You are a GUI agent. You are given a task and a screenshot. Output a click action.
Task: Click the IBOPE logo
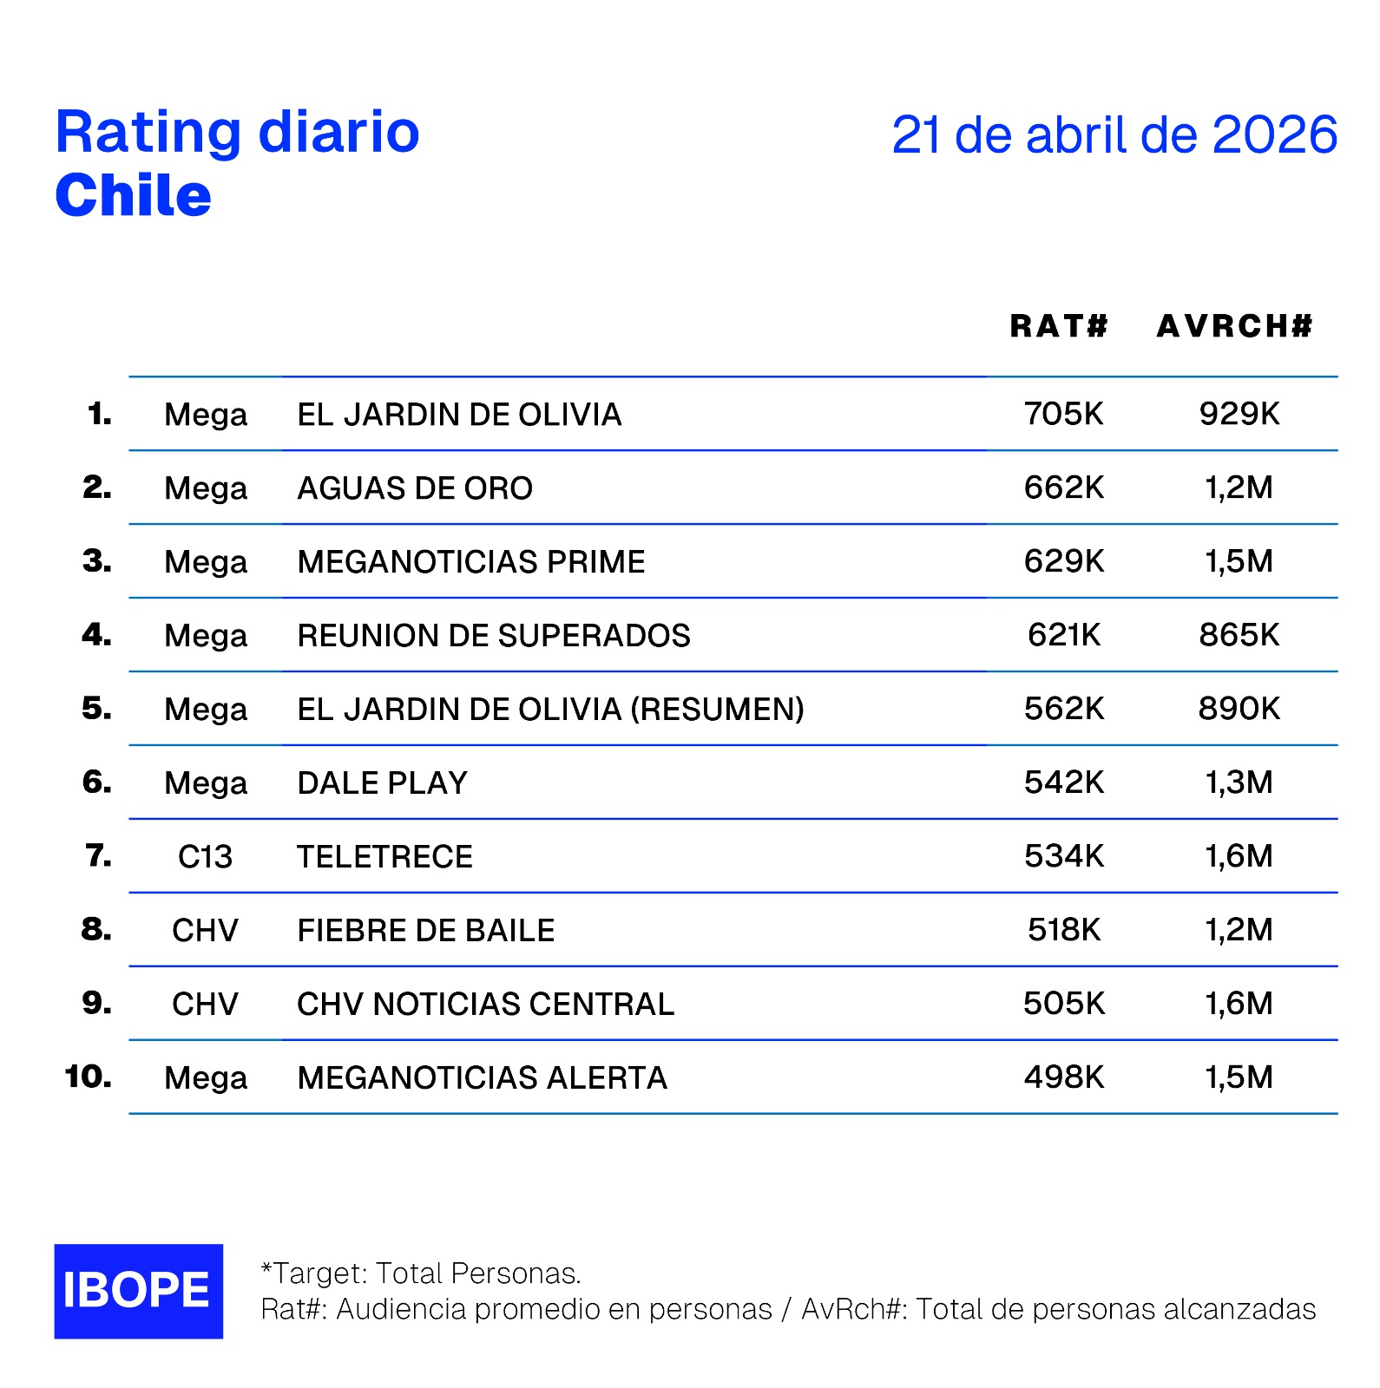tap(138, 1290)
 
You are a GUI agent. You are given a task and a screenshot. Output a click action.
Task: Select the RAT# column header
tap(1059, 326)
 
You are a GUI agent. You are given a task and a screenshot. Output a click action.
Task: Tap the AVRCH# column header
tap(1234, 326)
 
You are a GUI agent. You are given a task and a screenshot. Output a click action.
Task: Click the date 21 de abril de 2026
tap(1114, 135)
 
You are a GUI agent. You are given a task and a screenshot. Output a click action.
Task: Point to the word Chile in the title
tap(133, 195)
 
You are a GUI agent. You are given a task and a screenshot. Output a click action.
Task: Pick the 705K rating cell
tap(1063, 414)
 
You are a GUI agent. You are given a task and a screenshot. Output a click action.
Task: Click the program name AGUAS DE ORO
tap(415, 488)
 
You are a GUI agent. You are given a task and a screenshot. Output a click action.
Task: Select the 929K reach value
tap(1239, 414)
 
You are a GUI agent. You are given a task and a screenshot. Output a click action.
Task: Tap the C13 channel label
tap(205, 857)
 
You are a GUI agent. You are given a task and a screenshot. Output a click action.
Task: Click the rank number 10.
tap(88, 1077)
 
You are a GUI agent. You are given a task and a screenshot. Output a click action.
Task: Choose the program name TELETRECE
tap(384, 857)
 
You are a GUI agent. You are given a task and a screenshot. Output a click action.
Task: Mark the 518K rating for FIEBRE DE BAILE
tap(1063, 930)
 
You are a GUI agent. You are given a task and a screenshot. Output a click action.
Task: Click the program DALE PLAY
tap(382, 783)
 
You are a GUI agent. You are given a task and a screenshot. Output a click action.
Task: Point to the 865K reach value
tap(1239, 635)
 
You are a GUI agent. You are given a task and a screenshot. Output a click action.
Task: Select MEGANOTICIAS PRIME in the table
tap(470, 562)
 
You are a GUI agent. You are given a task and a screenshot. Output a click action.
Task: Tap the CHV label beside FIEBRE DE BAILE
tap(205, 931)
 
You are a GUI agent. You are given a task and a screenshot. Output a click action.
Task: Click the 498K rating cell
tap(1063, 1077)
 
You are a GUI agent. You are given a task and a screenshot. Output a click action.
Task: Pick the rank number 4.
tap(96, 635)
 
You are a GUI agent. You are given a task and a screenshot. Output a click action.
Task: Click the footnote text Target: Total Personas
tap(421, 1273)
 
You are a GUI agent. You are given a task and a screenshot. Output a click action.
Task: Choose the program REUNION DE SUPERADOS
tap(493, 636)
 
